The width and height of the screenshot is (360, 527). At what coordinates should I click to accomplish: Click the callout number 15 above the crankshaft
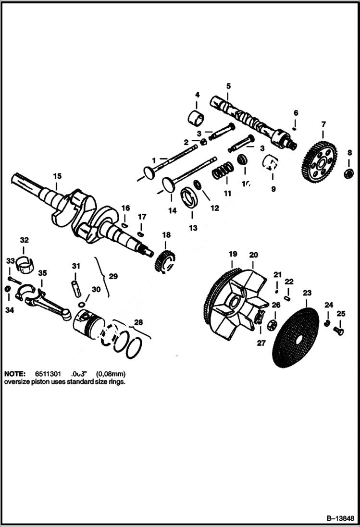[x=57, y=176]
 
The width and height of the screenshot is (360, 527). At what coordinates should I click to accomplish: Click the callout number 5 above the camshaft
[x=228, y=86]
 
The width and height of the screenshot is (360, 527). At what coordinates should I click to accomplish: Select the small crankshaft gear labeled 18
[x=165, y=261]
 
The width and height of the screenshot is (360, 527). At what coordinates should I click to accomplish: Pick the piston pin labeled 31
[x=76, y=286]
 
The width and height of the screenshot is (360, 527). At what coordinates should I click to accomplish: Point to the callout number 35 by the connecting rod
[x=42, y=273]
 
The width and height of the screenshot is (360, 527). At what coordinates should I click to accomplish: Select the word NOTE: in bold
[x=14, y=373]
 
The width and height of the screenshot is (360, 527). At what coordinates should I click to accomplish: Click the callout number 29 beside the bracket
[x=113, y=277]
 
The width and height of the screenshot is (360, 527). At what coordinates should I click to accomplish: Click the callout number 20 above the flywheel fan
[x=253, y=254]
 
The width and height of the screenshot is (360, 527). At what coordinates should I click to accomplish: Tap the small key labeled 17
[x=141, y=233]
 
